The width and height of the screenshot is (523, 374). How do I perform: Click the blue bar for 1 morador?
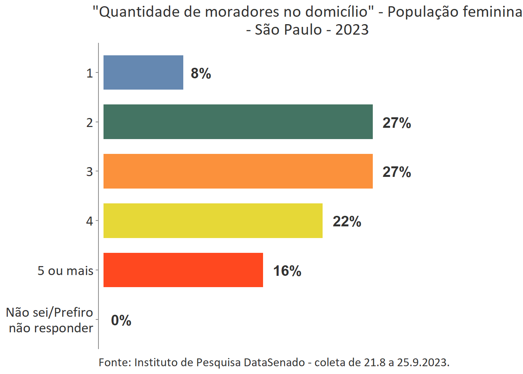pos(143,72)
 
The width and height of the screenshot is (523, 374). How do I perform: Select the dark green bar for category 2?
pos(238,122)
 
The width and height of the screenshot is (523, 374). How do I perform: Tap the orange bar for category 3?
pos(238,171)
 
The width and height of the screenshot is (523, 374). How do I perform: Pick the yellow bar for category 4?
pos(213,221)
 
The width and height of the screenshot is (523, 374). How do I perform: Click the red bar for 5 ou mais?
pos(183,270)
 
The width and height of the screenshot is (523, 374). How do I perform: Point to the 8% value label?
pos(201,73)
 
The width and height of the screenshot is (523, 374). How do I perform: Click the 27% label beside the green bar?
pos(397,123)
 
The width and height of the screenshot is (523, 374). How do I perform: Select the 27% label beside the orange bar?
pos(397,172)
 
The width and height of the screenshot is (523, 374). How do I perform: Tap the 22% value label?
pos(347,221)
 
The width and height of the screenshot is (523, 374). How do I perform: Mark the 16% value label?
pos(287,271)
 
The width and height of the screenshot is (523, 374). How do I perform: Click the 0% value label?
pos(121,320)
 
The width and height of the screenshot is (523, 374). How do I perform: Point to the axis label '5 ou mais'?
pos(65,270)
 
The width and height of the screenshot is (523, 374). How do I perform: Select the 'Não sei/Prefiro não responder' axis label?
pos(50,320)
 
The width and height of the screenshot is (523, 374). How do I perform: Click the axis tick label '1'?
pos(90,73)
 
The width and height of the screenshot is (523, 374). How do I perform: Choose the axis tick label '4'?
pos(90,221)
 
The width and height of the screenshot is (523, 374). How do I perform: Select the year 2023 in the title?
pos(352,30)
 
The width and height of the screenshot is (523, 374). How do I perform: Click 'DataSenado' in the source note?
pos(274,362)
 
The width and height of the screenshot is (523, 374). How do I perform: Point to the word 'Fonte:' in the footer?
pos(115,362)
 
